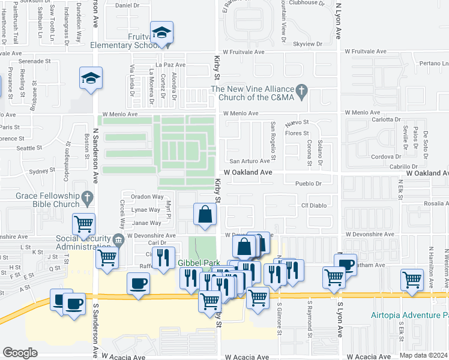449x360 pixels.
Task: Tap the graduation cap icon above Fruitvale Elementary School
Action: [161, 34]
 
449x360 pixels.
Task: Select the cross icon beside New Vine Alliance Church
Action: [303, 91]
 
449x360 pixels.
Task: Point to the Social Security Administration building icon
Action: [118, 241]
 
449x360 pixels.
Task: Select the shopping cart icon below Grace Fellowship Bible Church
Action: [83, 224]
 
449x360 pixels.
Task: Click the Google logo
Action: [20, 353]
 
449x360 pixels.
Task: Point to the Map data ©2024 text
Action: [423, 355]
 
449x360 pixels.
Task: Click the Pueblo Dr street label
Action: [310, 183]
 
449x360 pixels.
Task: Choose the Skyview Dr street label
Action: [307, 44]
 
